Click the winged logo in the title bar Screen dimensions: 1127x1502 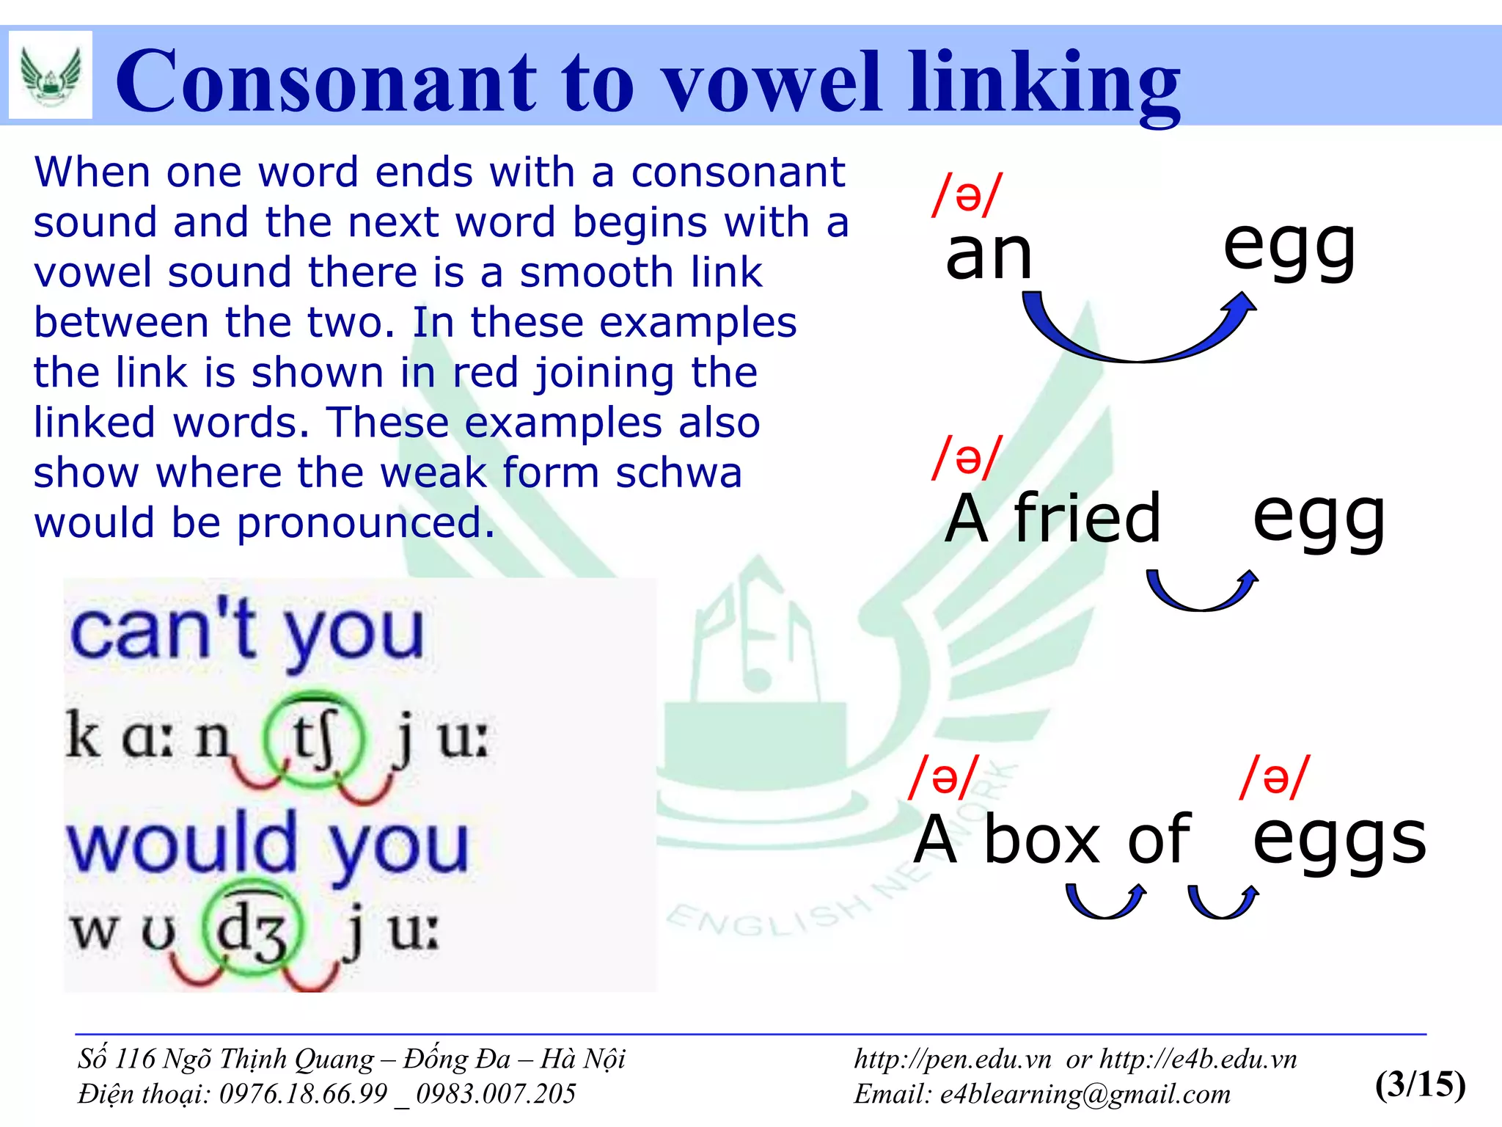point(51,75)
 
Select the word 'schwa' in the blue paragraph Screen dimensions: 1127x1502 point(678,473)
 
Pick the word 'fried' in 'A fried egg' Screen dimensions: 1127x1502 point(1088,518)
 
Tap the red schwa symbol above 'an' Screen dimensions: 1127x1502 point(967,195)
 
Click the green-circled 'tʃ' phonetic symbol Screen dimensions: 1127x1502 point(314,739)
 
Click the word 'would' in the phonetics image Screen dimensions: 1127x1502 point(182,844)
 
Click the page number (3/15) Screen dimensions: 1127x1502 point(1420,1084)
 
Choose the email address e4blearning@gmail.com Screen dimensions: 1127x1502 point(1085,1094)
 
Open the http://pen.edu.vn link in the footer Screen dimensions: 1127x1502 point(953,1059)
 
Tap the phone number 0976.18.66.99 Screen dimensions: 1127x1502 point(303,1094)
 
